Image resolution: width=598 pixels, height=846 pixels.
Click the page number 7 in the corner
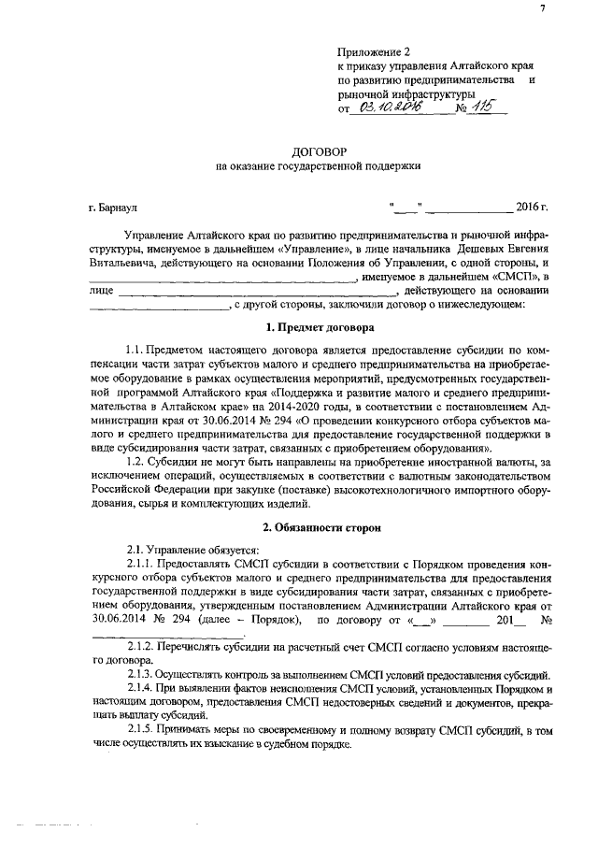567,8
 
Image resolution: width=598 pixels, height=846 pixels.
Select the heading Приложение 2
373,56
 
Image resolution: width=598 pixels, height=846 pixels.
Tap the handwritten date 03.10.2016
386,108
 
